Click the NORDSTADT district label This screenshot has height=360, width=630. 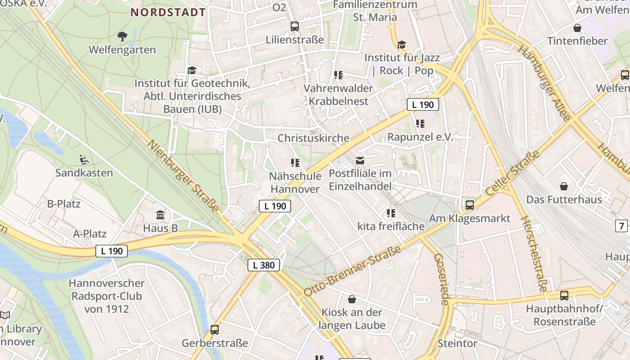(x=168, y=12)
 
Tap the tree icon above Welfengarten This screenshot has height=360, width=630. (x=122, y=36)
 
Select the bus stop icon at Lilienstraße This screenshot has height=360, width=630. (x=295, y=26)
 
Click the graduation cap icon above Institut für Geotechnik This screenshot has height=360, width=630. (x=192, y=70)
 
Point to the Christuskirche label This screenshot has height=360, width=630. (x=313, y=138)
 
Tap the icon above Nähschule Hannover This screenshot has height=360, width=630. (x=295, y=162)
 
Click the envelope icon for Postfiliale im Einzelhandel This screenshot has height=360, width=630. (x=360, y=160)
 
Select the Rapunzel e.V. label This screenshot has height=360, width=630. (x=420, y=137)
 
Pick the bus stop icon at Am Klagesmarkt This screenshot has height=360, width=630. (x=470, y=205)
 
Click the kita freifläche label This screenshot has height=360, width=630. (x=391, y=226)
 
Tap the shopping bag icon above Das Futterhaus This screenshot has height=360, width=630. (x=564, y=186)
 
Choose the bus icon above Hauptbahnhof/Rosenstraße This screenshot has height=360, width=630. (x=564, y=296)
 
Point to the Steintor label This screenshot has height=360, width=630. (x=457, y=343)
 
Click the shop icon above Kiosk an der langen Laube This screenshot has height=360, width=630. (x=352, y=299)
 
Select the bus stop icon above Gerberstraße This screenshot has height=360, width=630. (x=215, y=330)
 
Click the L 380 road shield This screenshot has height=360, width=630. (x=264, y=265)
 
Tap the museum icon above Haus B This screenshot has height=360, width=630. (x=160, y=215)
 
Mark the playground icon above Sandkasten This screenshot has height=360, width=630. (x=84, y=159)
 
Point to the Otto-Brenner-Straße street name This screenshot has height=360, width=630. (x=352, y=271)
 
